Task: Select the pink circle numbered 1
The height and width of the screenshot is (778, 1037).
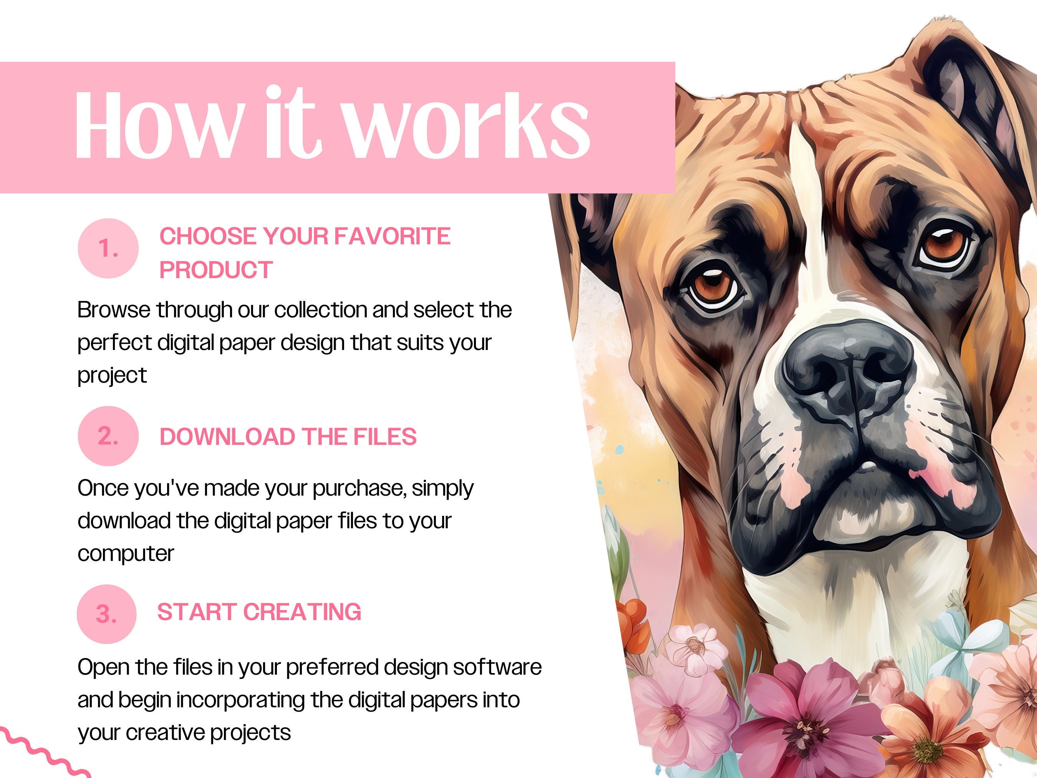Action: pyautogui.click(x=108, y=248)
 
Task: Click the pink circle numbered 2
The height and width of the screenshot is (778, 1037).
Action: pyautogui.click(x=108, y=436)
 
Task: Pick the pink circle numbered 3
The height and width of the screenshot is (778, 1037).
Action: pyautogui.click(x=106, y=614)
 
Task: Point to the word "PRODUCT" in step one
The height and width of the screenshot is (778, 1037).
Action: pyautogui.click(x=216, y=270)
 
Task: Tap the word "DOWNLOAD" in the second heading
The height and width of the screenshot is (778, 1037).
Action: pyautogui.click(x=227, y=436)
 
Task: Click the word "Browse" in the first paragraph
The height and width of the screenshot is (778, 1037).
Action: pyautogui.click(x=114, y=310)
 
